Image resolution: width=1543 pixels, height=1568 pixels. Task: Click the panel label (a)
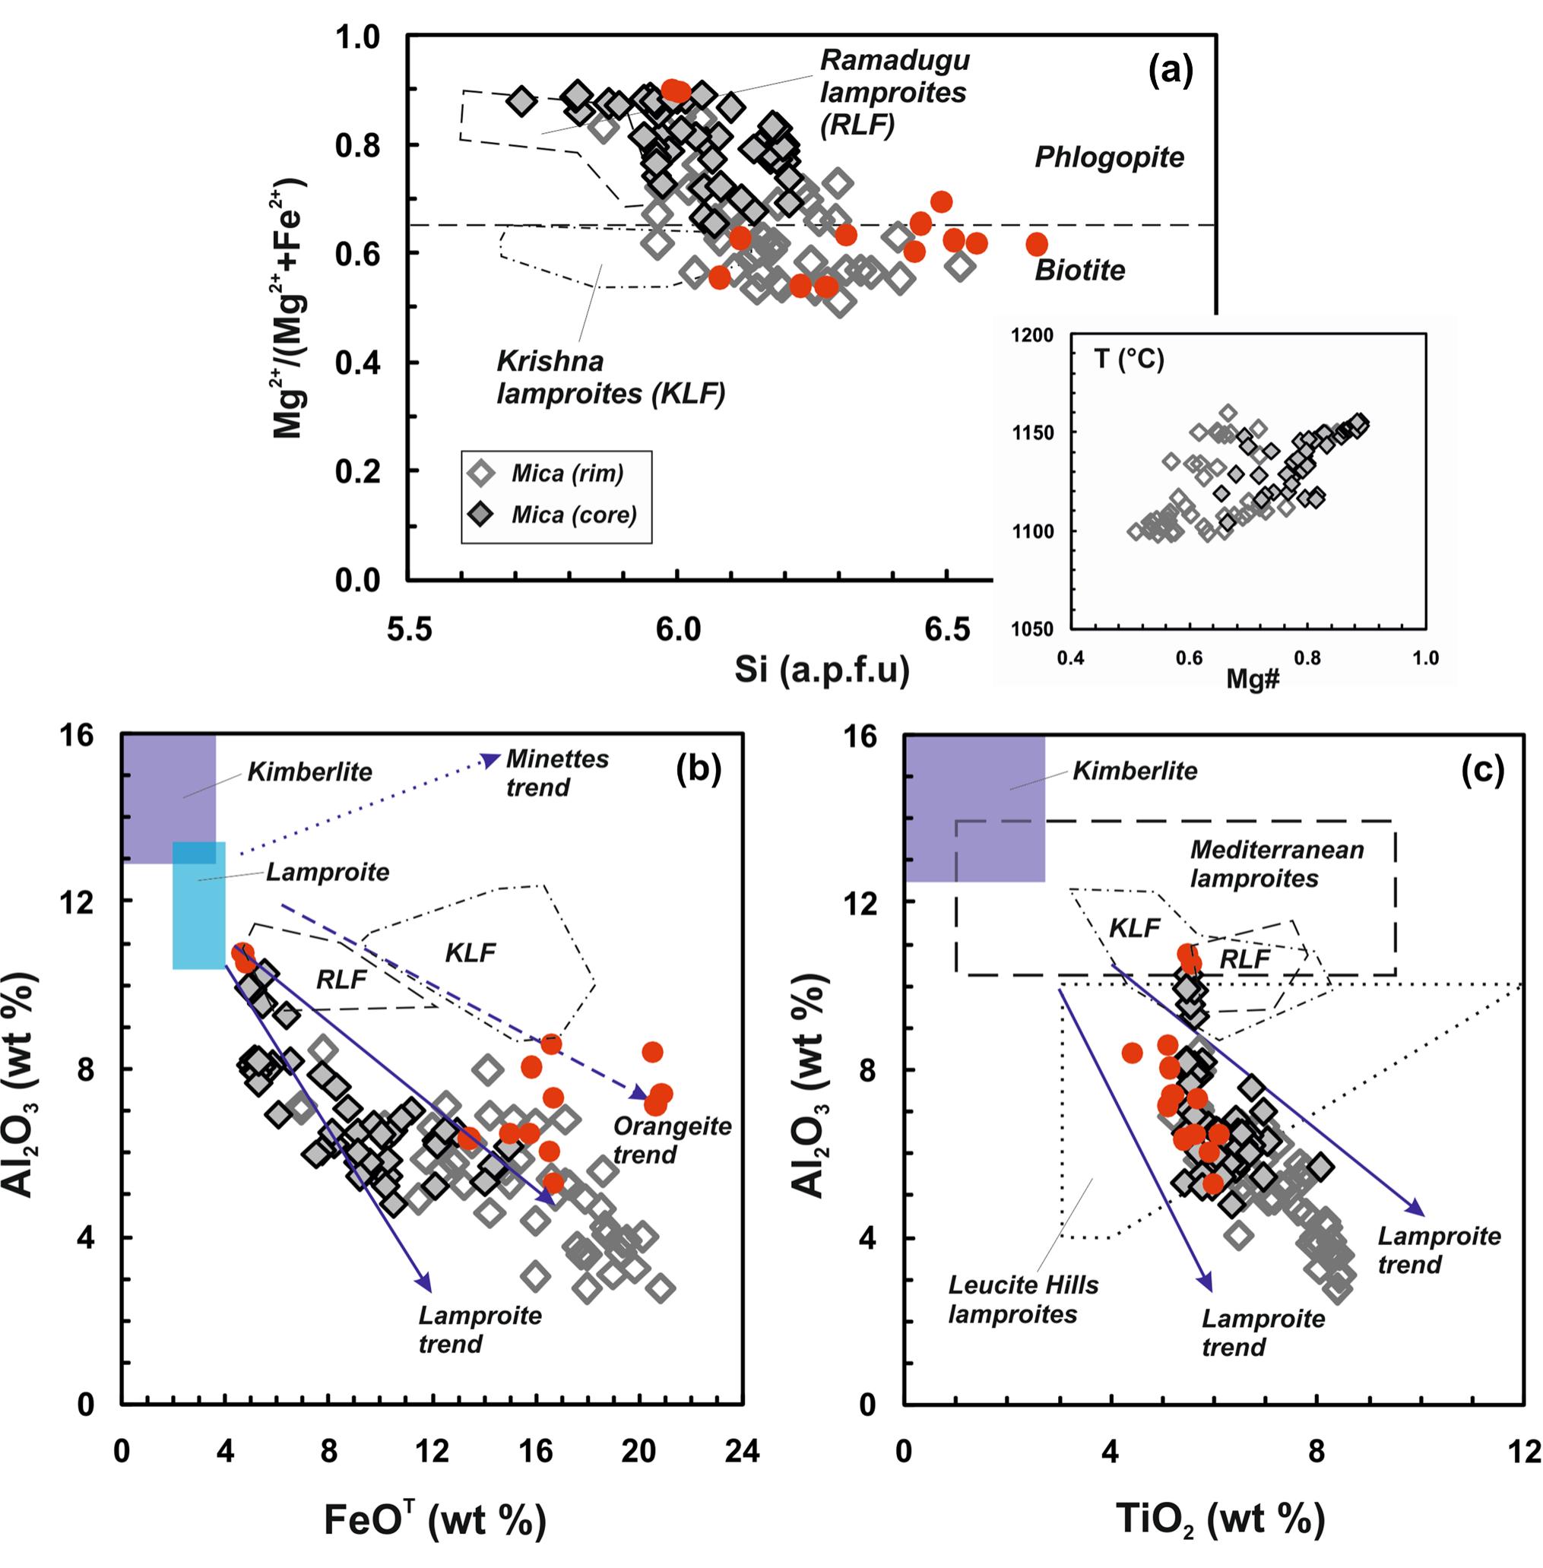point(1171,73)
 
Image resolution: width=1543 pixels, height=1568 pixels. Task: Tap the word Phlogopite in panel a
point(1109,157)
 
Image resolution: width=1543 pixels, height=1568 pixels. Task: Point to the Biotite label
point(1079,270)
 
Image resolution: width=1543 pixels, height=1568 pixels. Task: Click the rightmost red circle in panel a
point(1037,244)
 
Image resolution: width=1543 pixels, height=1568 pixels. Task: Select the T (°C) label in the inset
point(1129,358)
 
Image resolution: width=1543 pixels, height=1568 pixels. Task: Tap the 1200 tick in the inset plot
point(1032,335)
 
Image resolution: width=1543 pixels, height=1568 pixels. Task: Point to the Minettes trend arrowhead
point(490,759)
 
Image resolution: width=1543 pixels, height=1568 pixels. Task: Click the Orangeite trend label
point(671,1140)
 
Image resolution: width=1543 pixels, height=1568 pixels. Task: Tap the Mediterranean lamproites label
point(1276,864)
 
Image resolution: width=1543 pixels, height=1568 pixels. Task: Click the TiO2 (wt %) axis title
point(1220,1519)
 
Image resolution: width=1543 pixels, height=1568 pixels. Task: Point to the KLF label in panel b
point(470,952)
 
